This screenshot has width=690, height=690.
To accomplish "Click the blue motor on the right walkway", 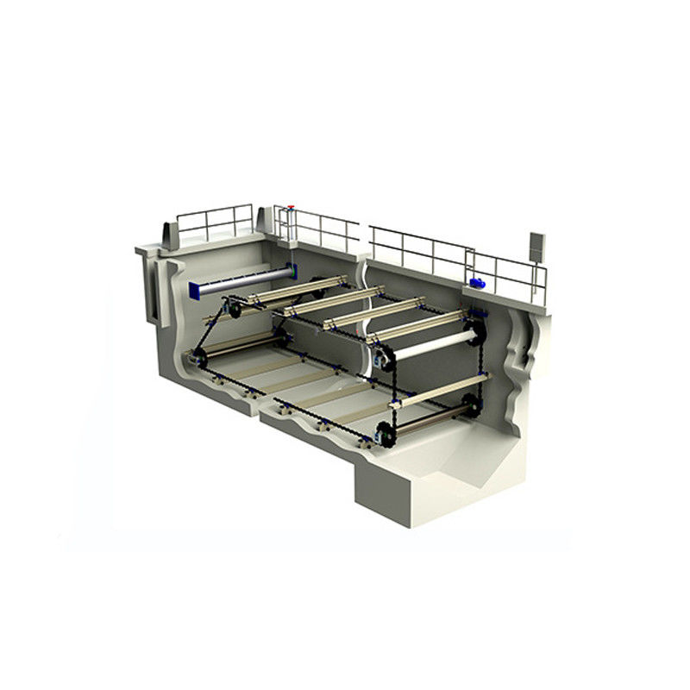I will tap(474, 283).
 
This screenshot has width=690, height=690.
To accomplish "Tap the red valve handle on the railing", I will tap(292, 208).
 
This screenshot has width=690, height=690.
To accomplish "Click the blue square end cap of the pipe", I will tap(192, 287).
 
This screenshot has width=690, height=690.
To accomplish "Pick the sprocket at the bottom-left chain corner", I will tap(198, 356).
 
